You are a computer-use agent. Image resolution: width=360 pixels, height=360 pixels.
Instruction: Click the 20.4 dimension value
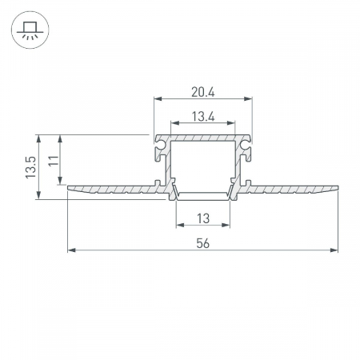tap(203, 92)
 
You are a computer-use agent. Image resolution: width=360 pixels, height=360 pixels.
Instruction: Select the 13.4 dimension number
tap(203, 117)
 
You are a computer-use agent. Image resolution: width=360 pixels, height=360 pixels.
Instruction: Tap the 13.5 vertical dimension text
tap(30, 167)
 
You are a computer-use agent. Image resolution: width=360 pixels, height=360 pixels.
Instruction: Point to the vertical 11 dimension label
tap(54, 161)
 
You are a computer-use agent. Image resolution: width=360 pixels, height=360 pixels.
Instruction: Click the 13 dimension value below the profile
tap(203, 218)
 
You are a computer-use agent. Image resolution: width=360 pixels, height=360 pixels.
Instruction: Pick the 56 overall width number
tap(203, 243)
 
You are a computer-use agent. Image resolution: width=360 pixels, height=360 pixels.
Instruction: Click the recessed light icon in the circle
tap(30, 30)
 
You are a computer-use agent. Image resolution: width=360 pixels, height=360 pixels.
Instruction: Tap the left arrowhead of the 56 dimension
tap(71, 250)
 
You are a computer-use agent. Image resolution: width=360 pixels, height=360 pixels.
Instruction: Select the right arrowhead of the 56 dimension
tap(334, 250)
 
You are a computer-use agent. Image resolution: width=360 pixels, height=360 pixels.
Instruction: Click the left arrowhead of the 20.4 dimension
tap(158, 99)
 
